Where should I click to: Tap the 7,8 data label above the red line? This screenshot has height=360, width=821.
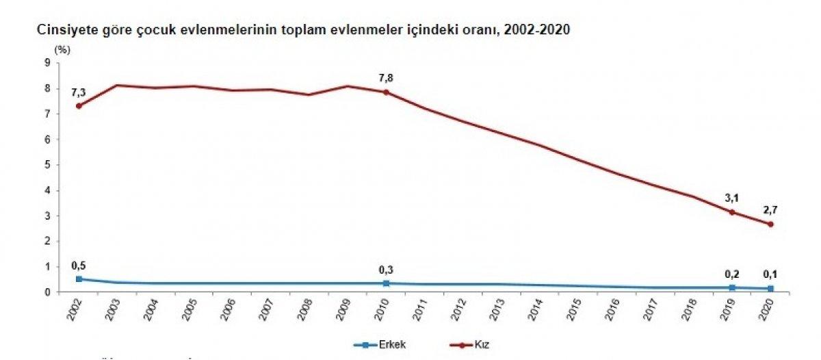pos(387,77)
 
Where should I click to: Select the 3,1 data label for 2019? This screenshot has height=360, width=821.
pos(733,198)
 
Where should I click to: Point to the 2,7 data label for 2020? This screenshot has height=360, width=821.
pos(770,209)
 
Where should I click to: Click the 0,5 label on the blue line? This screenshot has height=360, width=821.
pos(79,266)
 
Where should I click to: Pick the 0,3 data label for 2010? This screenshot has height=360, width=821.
pos(387,270)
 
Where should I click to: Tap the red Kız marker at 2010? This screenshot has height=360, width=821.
pos(387,92)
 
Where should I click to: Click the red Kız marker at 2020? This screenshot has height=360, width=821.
pos(770,224)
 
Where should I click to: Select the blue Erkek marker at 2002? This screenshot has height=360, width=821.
pos(79,279)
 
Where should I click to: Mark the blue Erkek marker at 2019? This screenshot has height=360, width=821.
pos(732,287)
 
